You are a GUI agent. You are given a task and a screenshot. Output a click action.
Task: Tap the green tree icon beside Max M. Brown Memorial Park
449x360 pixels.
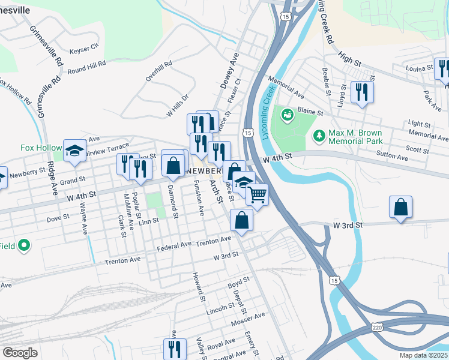tap(318, 137)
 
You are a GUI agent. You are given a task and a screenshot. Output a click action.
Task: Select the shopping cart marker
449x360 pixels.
tap(257, 194)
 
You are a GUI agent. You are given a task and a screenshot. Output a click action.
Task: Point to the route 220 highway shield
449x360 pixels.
tap(376, 328)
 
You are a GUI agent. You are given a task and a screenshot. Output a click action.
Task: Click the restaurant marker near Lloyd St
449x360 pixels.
tap(361, 92)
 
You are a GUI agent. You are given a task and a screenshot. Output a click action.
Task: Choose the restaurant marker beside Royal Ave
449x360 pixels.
tap(174, 349)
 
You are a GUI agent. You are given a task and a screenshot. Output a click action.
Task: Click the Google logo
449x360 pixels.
tap(20, 353)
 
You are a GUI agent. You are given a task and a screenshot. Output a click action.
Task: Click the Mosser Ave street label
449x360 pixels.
tap(247, 319)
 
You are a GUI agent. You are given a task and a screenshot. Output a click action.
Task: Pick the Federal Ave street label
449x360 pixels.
tap(174, 246)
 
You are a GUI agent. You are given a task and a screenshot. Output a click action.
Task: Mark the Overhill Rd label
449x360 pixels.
tap(159, 71)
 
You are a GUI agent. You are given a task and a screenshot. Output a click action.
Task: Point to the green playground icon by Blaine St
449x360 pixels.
tap(287, 113)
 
